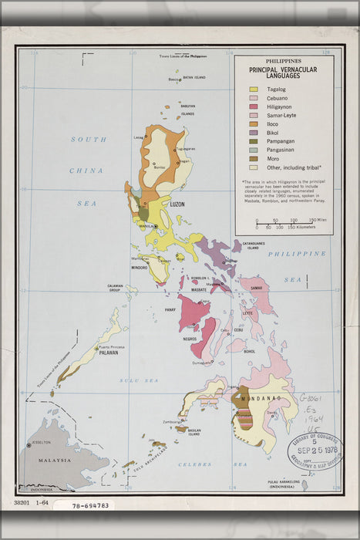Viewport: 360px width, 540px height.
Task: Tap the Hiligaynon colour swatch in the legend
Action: click(252, 107)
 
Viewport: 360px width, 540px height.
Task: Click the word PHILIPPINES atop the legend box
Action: click(284, 60)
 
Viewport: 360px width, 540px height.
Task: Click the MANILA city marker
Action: click(156, 226)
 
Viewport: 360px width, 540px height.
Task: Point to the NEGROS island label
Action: click(190, 339)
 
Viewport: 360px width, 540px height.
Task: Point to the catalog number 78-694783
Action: click(90, 506)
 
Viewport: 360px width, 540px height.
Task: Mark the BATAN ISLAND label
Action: click(193, 78)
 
